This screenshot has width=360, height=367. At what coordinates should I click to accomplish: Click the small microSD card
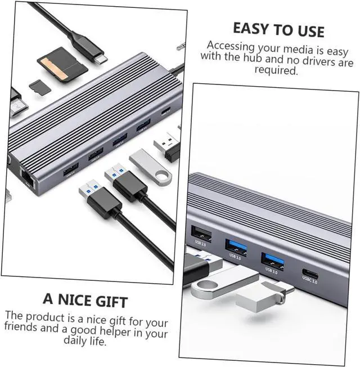pos(38,87)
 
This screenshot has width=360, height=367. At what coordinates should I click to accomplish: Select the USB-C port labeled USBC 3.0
pos(310,275)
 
